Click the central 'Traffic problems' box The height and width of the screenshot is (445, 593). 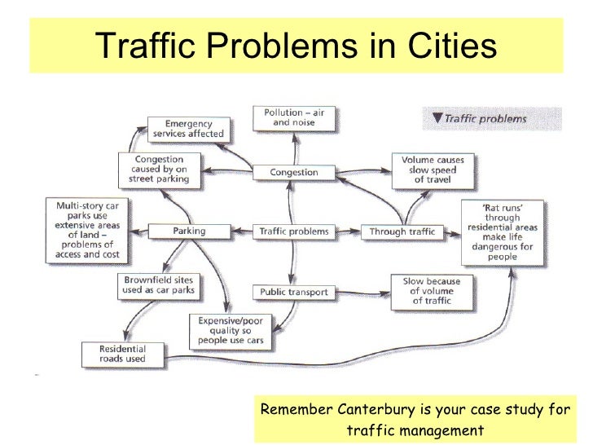[294, 231]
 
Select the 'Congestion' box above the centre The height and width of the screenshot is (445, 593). [294, 172]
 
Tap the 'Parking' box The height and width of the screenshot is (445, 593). [189, 231]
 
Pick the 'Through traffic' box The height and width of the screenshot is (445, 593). [402, 231]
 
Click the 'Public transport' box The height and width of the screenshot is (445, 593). [294, 291]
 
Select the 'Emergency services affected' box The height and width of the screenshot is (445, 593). [188, 128]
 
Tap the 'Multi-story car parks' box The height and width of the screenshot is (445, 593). [86, 231]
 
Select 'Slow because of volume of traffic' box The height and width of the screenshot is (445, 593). [432, 291]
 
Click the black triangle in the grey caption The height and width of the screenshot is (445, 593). [437, 119]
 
